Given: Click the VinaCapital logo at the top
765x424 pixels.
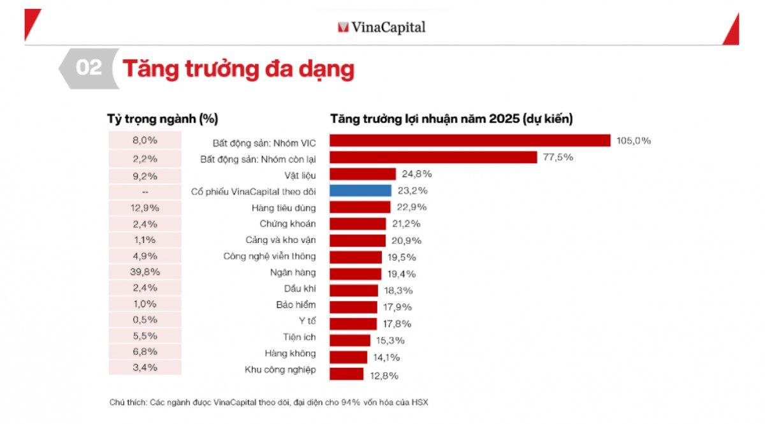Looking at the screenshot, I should [381, 27].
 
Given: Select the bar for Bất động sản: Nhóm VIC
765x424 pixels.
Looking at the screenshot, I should [470, 141].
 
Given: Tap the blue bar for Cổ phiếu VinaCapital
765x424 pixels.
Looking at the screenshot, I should [360, 191].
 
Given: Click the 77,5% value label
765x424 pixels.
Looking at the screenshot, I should [558, 157].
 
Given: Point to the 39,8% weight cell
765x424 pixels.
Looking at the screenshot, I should [145, 272].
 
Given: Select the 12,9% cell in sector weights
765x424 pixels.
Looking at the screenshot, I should [145, 207].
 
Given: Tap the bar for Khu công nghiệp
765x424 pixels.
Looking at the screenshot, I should [346, 374].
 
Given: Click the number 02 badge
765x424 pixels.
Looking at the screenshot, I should [88, 68].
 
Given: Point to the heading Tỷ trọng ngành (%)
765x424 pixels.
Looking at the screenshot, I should [163, 119].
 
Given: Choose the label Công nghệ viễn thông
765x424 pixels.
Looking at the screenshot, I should [269, 256].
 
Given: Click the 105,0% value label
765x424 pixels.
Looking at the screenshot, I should [633, 141].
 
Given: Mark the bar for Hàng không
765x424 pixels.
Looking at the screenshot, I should [348, 357].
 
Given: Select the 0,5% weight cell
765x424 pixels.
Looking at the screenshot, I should [145, 319].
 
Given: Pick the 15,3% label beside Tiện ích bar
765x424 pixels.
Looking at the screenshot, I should [389, 340].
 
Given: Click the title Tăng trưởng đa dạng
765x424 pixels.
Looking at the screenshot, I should [238, 69].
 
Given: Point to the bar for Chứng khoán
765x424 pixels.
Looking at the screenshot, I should [358, 224].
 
